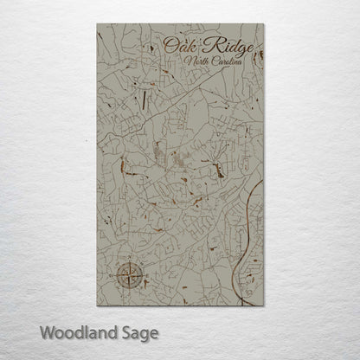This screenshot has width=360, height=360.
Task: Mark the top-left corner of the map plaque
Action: (x=97, y=24)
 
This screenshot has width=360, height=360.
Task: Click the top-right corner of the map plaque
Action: (x=264, y=24)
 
